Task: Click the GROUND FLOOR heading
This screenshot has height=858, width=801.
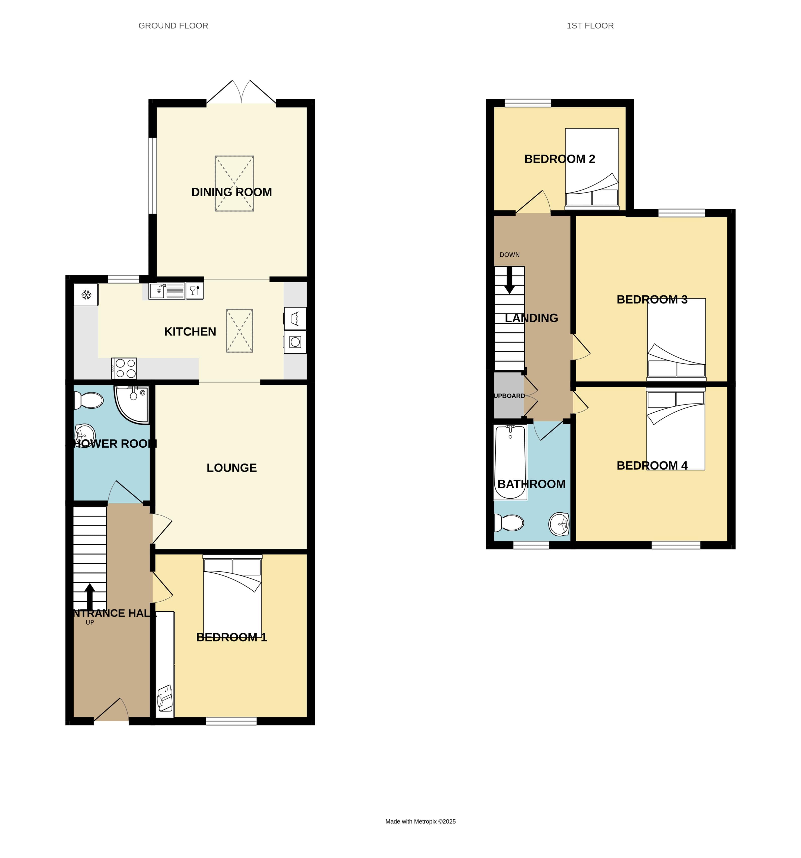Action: point(173,26)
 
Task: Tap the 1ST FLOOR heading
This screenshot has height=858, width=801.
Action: point(590,26)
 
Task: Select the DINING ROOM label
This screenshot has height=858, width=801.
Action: point(231,192)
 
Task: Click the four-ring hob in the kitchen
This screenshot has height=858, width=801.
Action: point(124,369)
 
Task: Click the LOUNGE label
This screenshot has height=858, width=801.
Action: point(231,468)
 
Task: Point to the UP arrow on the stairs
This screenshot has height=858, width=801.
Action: point(90,597)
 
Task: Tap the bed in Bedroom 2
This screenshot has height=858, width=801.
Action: point(591,167)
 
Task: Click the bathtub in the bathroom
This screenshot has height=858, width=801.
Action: point(510,462)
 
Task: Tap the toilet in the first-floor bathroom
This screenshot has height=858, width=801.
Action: point(510,523)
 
